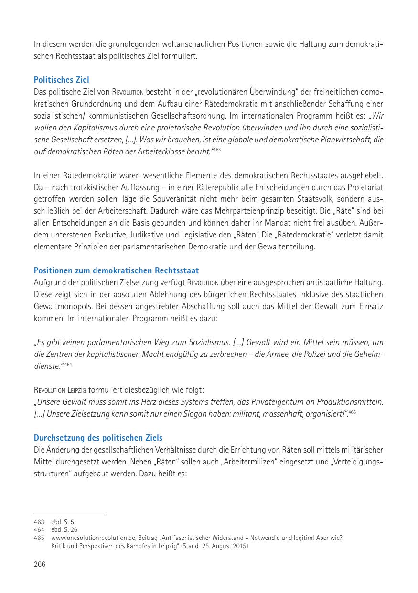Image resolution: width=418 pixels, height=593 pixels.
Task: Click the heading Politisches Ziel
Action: (61, 80)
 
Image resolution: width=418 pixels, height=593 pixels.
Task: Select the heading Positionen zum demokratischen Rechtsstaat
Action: (116, 270)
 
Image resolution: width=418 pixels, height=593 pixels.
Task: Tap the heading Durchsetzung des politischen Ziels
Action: (98, 438)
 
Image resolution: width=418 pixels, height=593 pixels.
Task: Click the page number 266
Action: (40, 564)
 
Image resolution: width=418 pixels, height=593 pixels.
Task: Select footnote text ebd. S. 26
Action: (64, 530)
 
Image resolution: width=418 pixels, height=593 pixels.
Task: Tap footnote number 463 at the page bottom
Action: (39, 522)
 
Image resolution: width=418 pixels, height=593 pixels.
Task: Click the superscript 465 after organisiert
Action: (352, 412)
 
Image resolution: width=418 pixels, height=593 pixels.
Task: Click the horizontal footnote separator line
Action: (70, 515)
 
